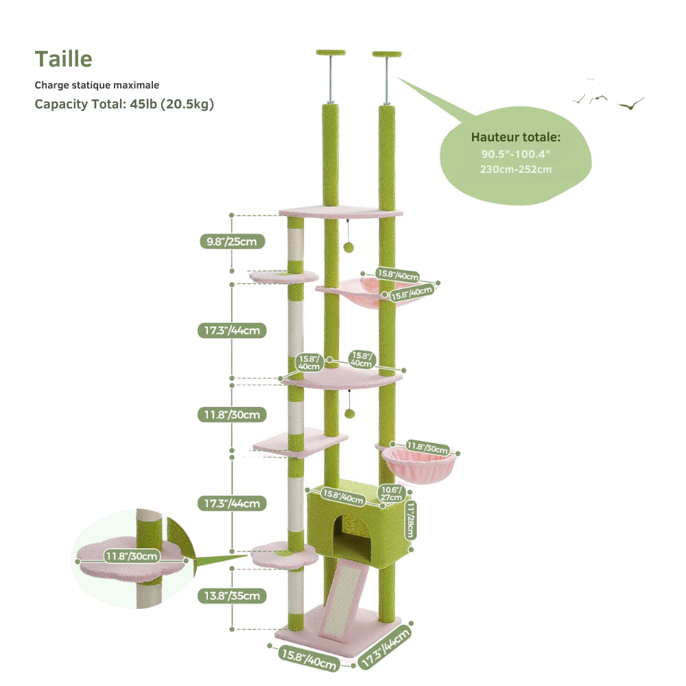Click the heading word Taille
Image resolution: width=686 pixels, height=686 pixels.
pos(63,59)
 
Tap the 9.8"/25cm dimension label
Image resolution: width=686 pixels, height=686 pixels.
pos(232,241)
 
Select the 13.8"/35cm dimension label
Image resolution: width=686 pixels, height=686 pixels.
pos(232,596)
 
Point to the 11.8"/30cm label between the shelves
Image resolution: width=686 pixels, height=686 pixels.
pos(232,415)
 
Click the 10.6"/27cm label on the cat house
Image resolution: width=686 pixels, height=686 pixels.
pos(391,493)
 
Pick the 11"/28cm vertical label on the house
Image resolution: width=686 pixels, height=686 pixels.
pos(410,520)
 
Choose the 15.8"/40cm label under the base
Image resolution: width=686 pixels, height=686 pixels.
pos(309,659)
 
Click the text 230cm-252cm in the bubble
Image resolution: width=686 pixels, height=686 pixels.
pos(516,169)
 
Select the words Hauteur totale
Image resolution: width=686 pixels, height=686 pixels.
pos(515,137)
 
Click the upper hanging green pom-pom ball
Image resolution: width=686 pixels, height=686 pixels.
pos(348,247)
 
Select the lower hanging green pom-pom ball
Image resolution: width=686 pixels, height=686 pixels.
pos(349,414)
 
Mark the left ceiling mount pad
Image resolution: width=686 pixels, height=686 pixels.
pos(331,53)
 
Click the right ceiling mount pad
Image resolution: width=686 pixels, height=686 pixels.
pos(387,54)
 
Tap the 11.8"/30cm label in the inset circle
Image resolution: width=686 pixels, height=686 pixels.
pos(131,556)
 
